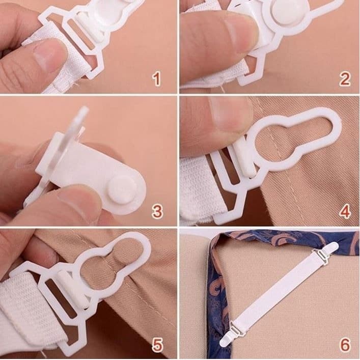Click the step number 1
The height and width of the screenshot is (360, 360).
pyautogui.click(x=157, y=79)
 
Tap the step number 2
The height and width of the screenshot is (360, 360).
pyautogui.click(x=344, y=79)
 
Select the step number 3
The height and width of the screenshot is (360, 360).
pyautogui.click(x=157, y=211)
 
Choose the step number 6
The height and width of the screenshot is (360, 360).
pyautogui.click(x=345, y=344)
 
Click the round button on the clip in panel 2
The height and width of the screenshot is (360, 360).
pyautogui.click(x=284, y=14)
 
